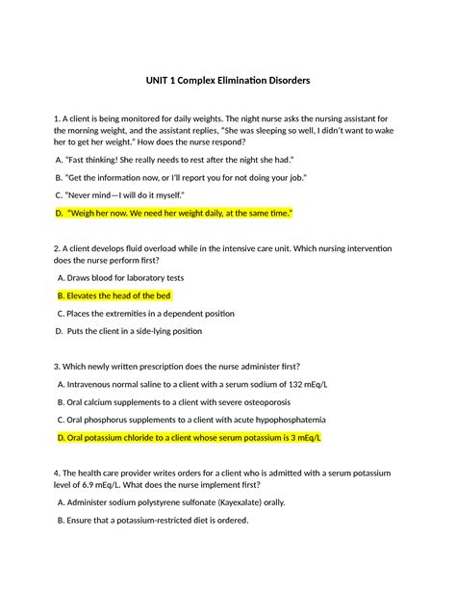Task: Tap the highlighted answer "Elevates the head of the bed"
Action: [x=119, y=295]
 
